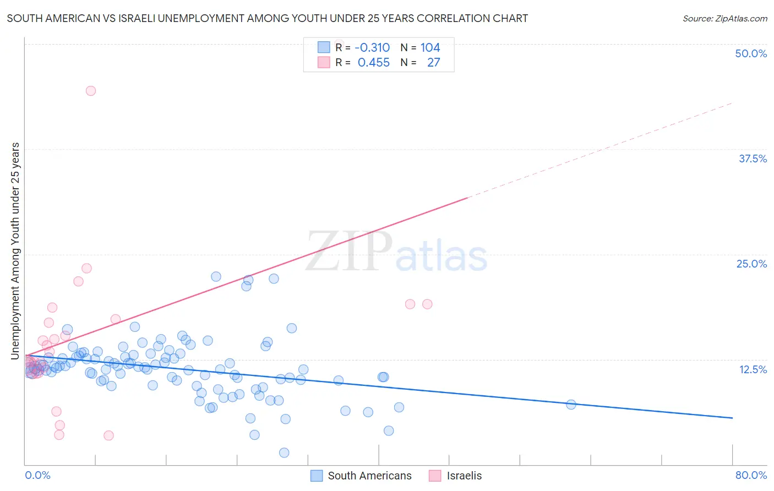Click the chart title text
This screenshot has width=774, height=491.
[267, 18]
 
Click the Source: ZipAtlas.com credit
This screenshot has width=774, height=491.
[724, 18]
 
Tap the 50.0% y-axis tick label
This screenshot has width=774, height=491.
[751, 53]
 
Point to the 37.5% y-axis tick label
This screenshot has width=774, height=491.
[753, 159]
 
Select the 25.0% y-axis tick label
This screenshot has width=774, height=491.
[751, 264]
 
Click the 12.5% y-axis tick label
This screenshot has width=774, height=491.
[753, 369]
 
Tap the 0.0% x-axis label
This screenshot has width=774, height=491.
[37, 475]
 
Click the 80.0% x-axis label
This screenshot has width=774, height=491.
[751, 475]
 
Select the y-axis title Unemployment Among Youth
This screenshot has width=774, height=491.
[15, 251]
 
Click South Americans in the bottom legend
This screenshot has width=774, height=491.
[369, 476]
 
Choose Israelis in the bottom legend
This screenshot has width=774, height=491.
[464, 476]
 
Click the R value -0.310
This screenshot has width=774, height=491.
[372, 47]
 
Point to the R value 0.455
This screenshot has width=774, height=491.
[373, 63]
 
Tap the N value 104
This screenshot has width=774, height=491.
[430, 47]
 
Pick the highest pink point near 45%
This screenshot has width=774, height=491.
[91, 91]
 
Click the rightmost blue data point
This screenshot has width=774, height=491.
[571, 405]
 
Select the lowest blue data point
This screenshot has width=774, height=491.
[284, 452]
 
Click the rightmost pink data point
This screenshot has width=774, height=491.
[427, 304]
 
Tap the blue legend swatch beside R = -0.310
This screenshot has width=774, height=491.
[324, 47]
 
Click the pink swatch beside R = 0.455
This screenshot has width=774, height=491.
[324, 63]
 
